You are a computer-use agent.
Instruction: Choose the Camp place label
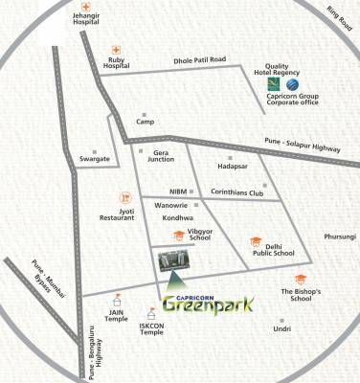(146, 122)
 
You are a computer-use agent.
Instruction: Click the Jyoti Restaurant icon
(124, 196)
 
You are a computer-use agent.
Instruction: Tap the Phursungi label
(339, 236)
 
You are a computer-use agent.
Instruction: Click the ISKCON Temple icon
(150, 311)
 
